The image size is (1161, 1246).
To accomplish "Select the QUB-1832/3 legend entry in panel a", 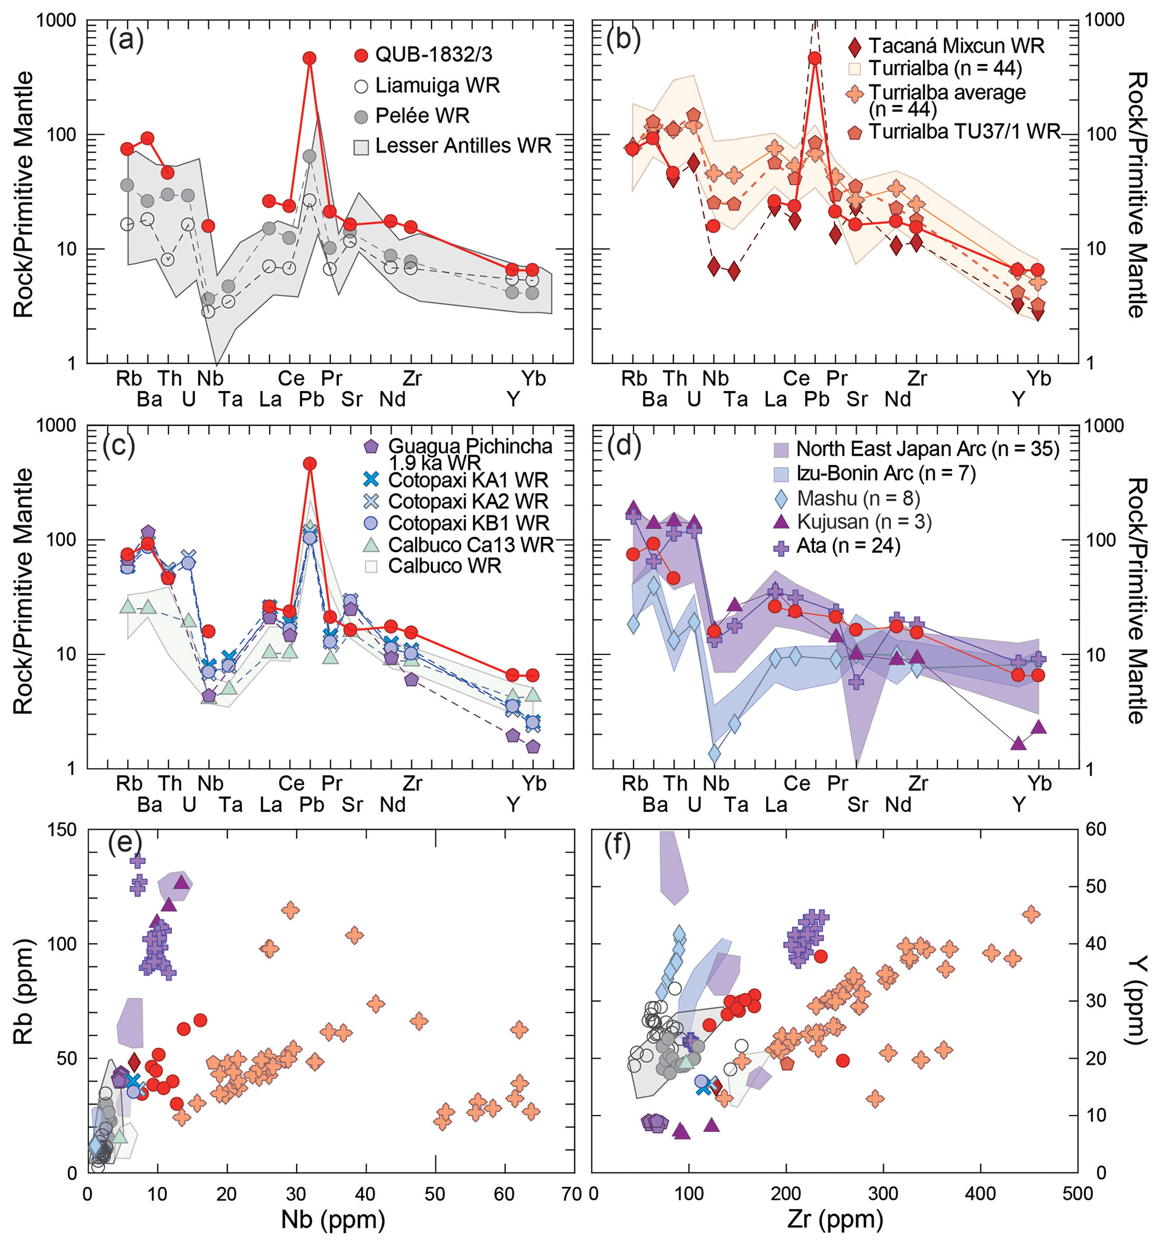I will [x=433, y=55].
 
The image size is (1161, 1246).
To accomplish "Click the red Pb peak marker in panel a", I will [x=309, y=58].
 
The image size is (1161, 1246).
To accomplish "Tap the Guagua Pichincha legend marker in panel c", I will [x=371, y=447].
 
